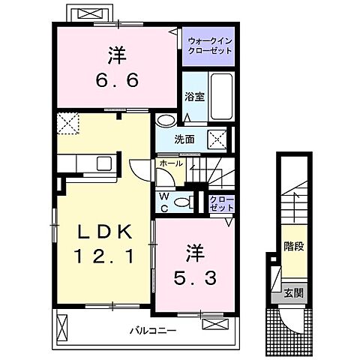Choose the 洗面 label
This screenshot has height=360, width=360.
pos(185,139)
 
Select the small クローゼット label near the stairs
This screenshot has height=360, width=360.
pos(222,202)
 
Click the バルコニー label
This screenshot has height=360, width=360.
pos(151,330)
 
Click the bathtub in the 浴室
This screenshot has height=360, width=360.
pos(220,97)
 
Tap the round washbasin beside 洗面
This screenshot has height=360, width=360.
pos(165,120)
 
